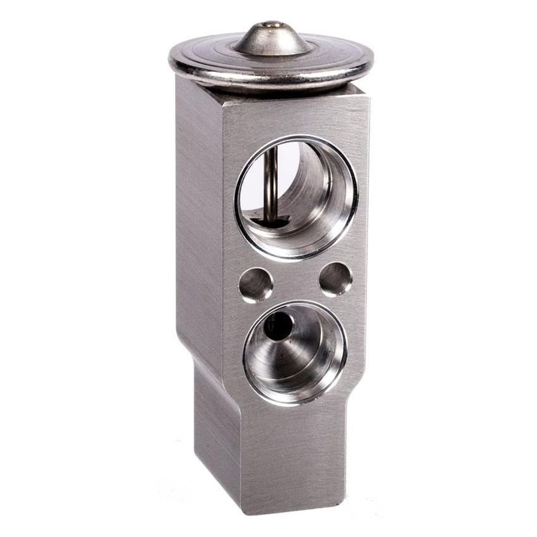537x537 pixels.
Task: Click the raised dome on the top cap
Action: [x=272, y=39]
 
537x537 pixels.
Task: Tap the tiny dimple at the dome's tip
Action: [x=273, y=25]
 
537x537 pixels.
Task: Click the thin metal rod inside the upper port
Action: [x=271, y=183]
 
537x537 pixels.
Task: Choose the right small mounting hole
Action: [x=335, y=279]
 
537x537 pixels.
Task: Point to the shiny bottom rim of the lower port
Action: [x=297, y=397]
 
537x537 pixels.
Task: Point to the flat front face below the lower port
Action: [x=297, y=455]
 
